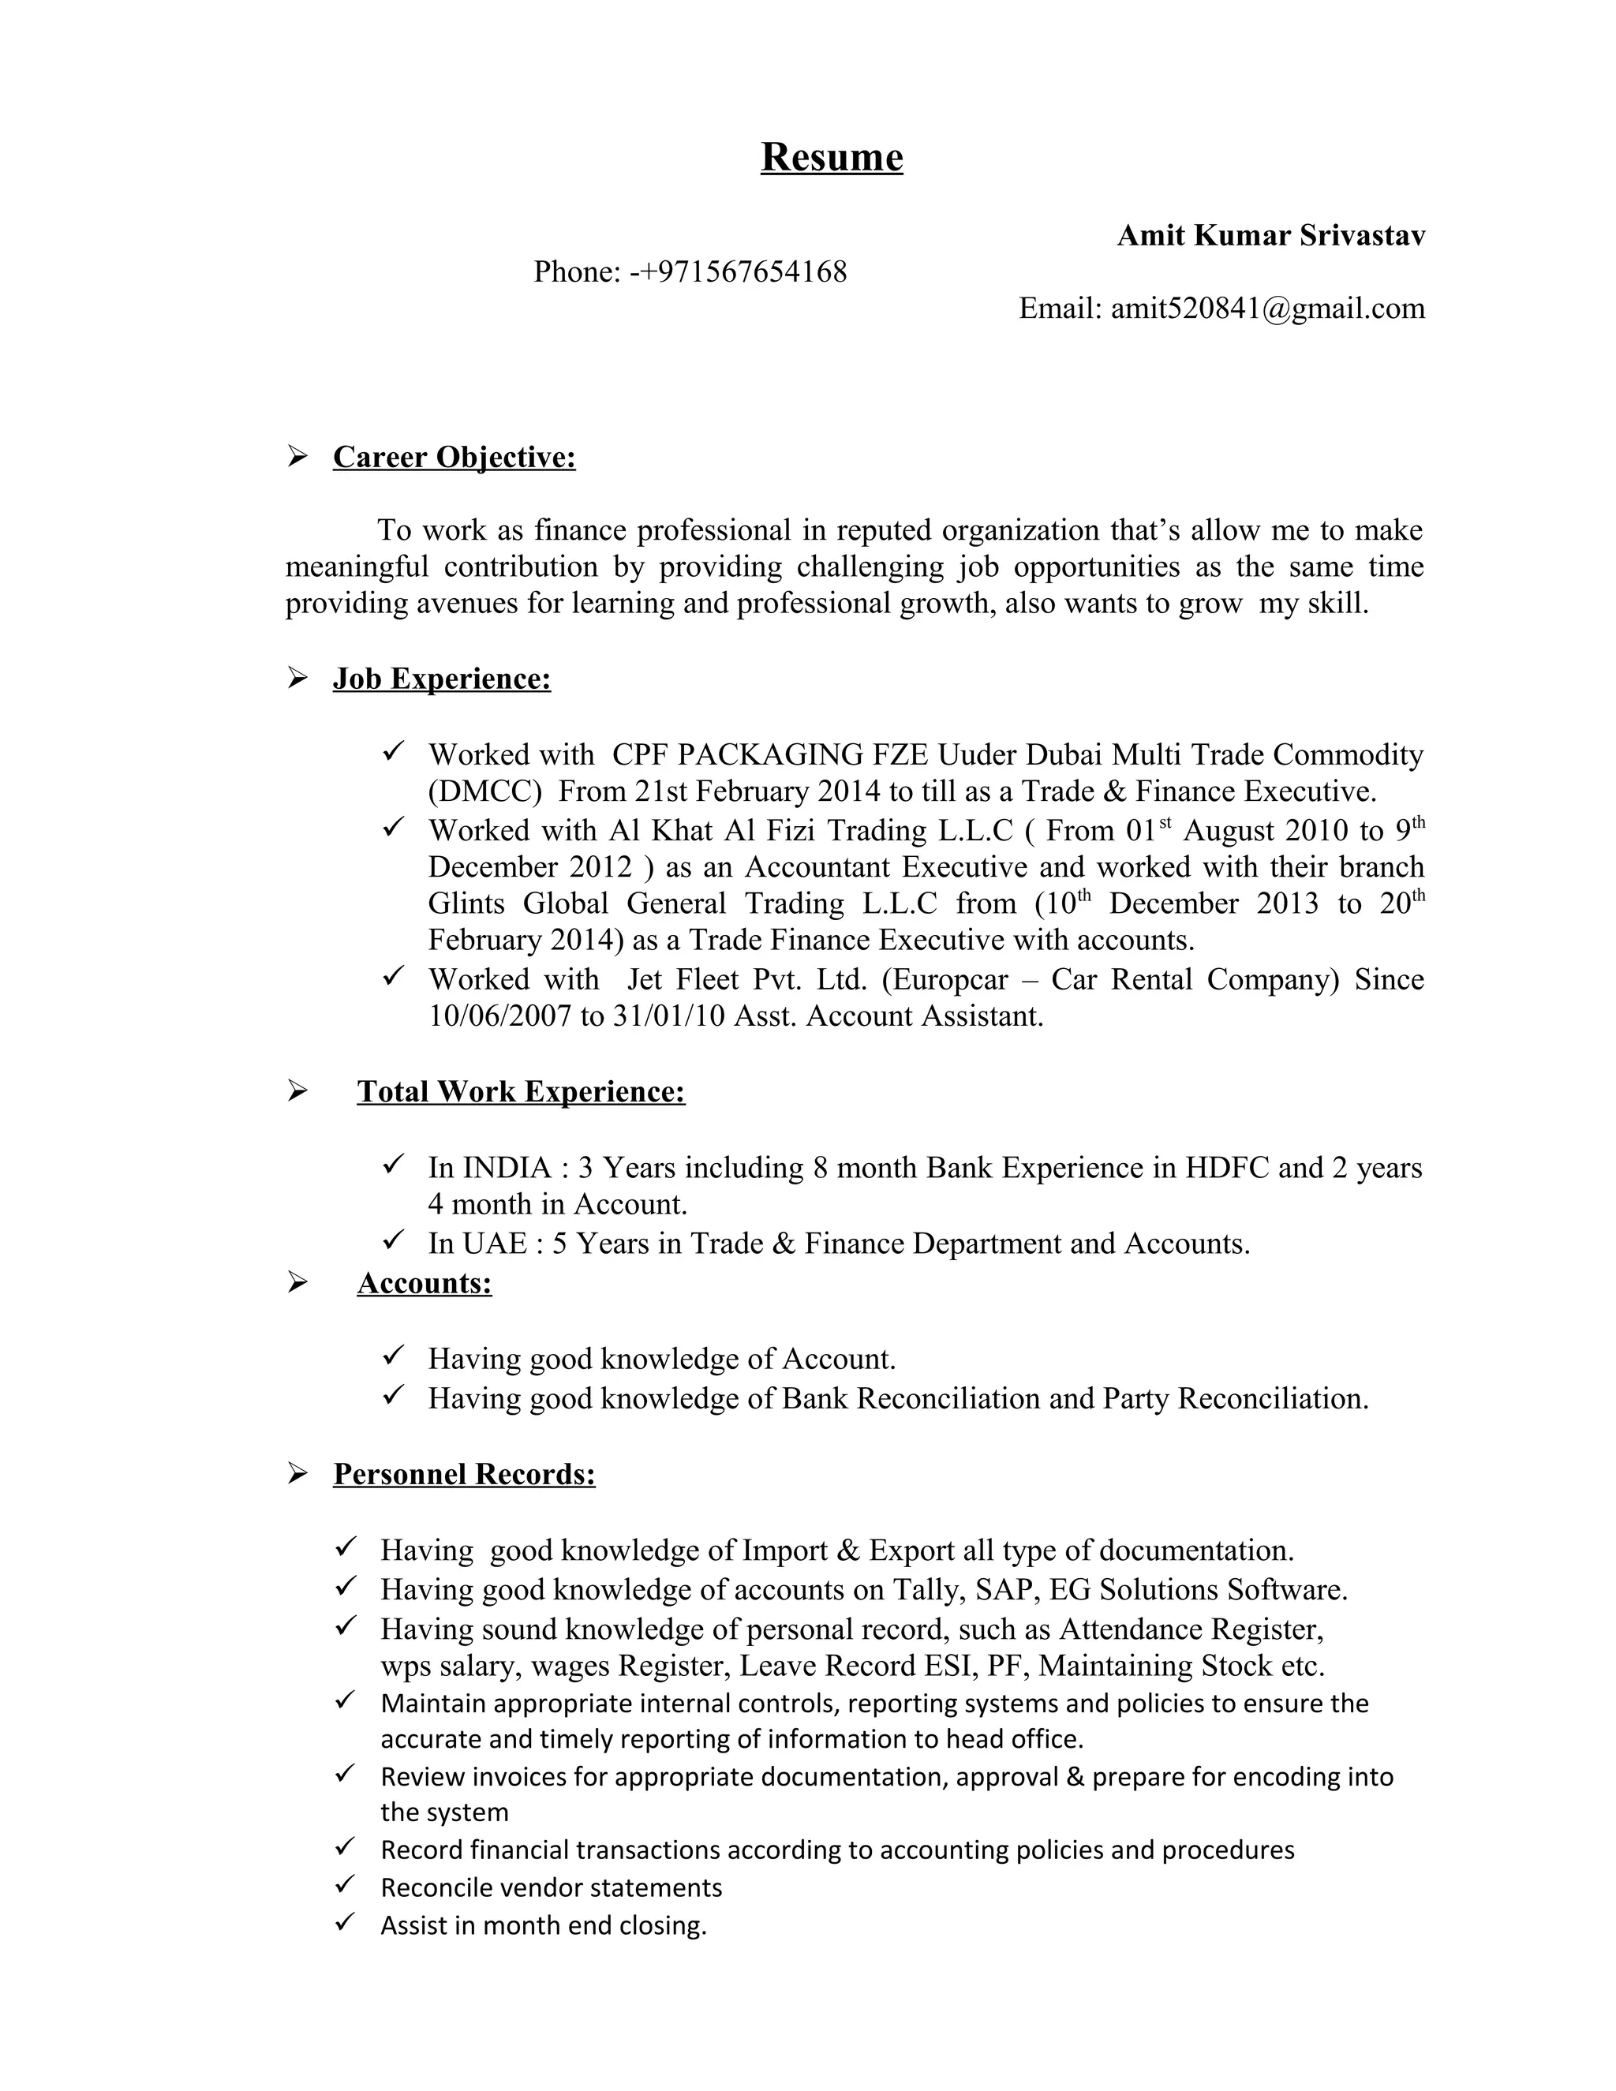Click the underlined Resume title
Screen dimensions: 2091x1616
tap(831, 157)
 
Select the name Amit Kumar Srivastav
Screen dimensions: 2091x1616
tap(1270, 235)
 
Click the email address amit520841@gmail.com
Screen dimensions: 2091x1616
tap(1267, 309)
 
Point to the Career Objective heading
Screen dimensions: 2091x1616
tap(454, 458)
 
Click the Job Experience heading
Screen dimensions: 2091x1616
tap(441, 679)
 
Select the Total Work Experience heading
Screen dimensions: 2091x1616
tap(521, 1091)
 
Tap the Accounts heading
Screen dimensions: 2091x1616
tap(424, 1283)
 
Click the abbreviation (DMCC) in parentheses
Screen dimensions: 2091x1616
tap(484, 791)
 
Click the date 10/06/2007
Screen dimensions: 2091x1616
tap(499, 1016)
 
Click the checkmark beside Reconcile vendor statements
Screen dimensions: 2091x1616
tap(346, 1885)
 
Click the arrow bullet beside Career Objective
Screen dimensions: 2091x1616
tap(297, 458)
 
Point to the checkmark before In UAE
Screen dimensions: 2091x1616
tap(394, 1242)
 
